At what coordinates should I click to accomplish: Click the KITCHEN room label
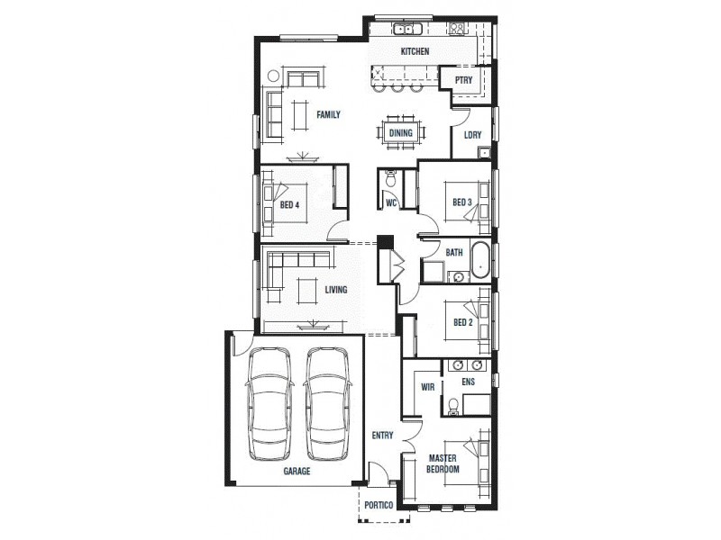415,52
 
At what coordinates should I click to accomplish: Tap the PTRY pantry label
463,80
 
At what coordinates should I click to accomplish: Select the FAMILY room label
327,114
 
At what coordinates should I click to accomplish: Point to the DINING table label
400,133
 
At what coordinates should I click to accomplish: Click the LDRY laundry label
472,136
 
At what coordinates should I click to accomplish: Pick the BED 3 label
461,202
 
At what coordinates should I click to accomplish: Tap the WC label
391,203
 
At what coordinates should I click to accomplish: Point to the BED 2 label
462,322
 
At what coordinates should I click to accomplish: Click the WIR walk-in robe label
428,387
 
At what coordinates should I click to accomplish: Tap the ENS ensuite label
468,382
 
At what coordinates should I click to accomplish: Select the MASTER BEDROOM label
443,464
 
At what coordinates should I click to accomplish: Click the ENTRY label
382,436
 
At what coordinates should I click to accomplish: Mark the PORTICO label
379,507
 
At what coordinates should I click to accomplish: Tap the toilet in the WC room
390,180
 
